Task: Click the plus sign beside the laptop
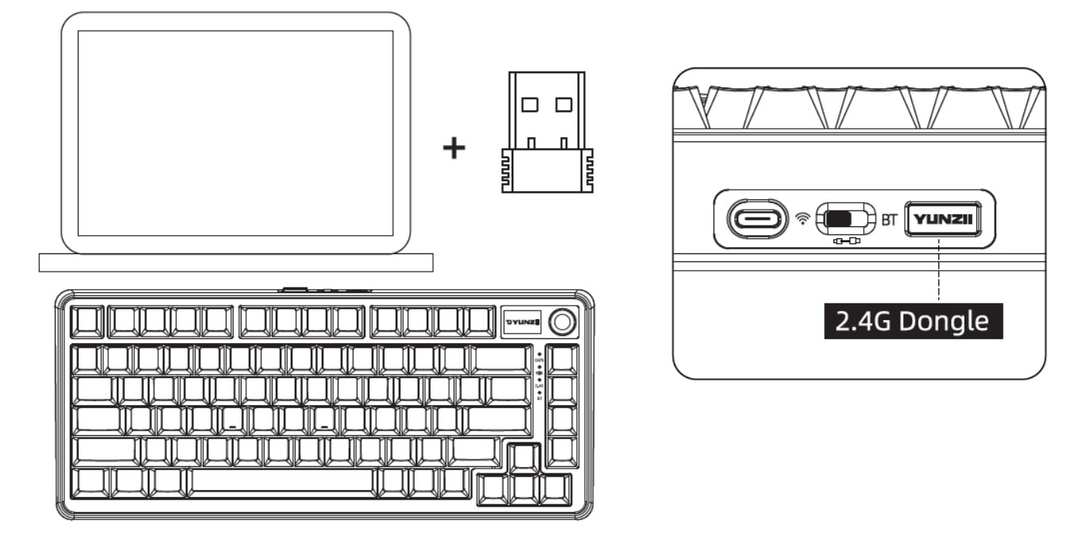click(x=454, y=148)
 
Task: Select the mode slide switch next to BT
click(x=845, y=218)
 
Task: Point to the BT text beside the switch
click(x=889, y=219)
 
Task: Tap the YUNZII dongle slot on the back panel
click(x=945, y=218)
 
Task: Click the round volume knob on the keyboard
click(x=564, y=322)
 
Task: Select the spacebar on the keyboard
click(x=282, y=481)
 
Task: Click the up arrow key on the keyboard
click(x=524, y=457)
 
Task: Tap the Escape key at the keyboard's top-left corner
click(x=86, y=322)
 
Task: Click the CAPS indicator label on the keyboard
click(x=539, y=359)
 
